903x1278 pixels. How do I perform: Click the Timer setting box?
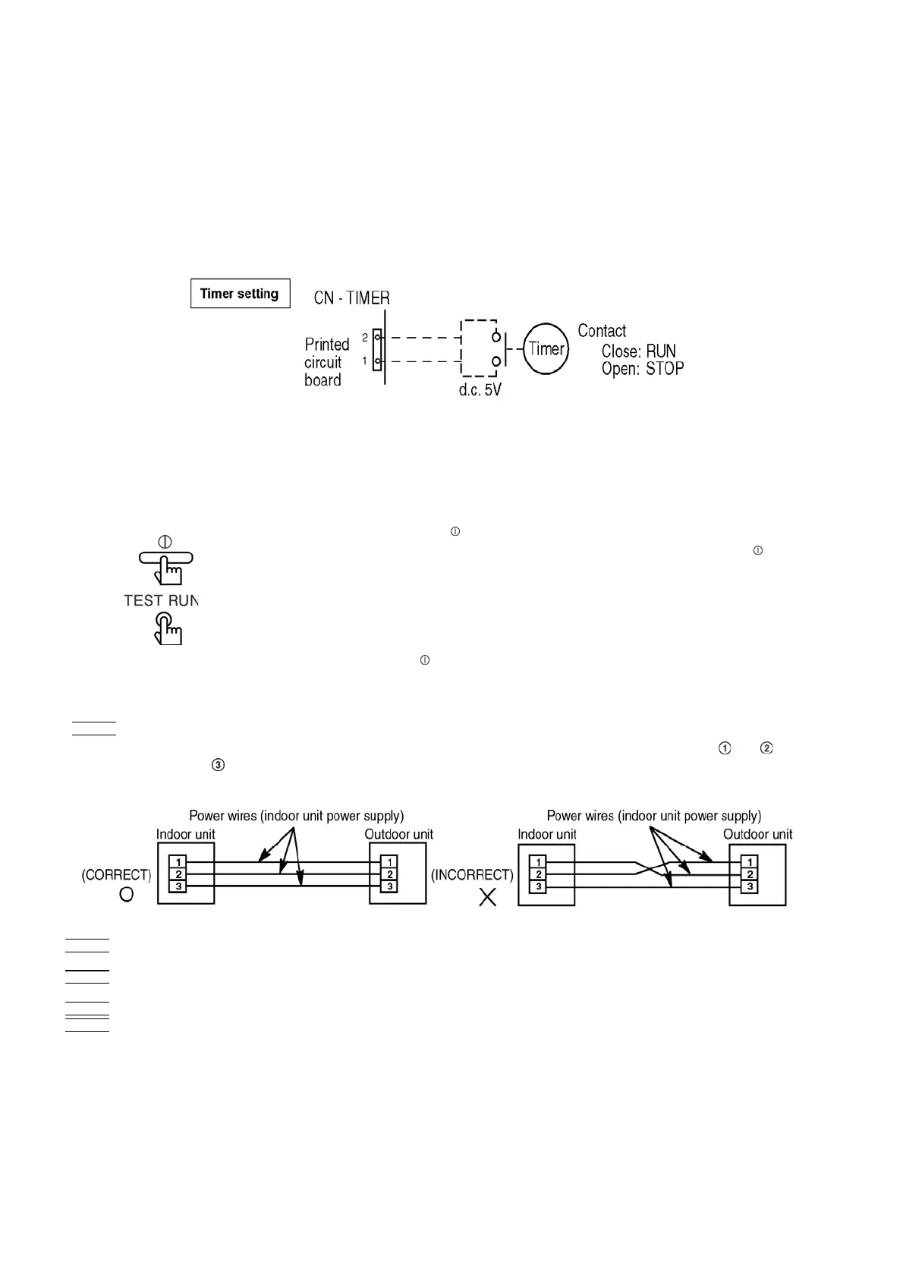pos(240,294)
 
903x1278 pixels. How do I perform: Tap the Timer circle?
pos(546,349)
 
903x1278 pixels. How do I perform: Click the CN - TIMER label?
pos(351,298)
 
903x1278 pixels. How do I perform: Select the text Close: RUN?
pos(638,351)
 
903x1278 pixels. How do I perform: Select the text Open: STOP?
pos(642,369)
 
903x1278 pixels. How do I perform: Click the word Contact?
pos(602,331)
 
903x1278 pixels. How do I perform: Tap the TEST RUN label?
pos(161,600)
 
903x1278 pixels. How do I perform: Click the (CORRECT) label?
pos(116,875)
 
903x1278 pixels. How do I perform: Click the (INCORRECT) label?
pos(472,875)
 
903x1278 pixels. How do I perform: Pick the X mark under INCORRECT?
pos(487,898)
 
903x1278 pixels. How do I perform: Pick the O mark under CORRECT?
pos(127,895)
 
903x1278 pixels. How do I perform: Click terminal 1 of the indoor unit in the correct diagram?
pos(178,862)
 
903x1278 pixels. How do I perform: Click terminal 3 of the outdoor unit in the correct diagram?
pos(389,886)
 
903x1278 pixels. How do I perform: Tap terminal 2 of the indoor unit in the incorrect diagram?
pos(538,874)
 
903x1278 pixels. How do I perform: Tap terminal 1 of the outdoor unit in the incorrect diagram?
pos(750,862)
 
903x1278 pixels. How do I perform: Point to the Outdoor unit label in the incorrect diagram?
pos(757,835)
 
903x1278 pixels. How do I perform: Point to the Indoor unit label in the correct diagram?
pos(186,835)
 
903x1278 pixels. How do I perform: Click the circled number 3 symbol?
pos(218,766)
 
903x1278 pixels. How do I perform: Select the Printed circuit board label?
pos(326,362)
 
